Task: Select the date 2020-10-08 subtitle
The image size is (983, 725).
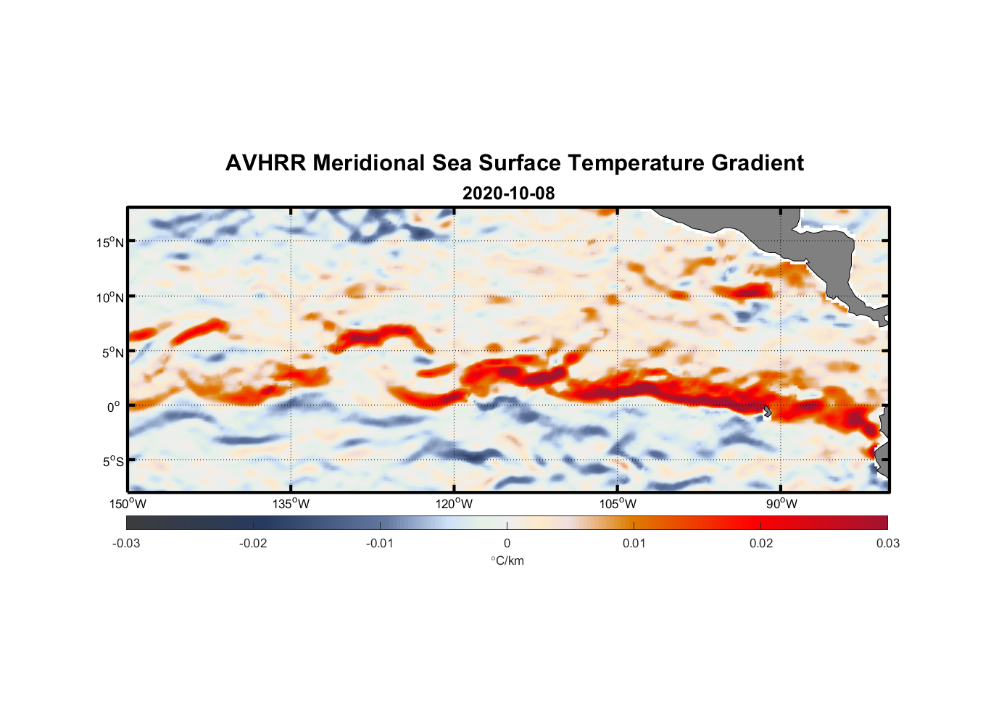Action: point(508,194)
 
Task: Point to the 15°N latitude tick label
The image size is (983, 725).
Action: point(109,242)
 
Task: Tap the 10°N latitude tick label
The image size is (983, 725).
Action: point(109,297)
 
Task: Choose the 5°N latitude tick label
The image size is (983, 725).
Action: point(112,352)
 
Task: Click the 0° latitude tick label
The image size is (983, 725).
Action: point(114,407)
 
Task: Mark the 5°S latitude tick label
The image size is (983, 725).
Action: point(112,462)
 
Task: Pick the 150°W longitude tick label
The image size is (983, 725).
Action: point(128,504)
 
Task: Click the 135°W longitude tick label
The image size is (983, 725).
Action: point(291,504)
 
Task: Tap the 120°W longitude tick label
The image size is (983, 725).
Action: point(454,504)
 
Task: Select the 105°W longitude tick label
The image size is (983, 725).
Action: point(618,504)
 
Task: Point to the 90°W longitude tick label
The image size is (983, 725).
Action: point(781,504)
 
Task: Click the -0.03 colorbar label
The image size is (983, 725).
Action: point(126,543)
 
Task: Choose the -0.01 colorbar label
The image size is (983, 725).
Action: point(380,543)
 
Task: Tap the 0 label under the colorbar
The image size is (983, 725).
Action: point(507,543)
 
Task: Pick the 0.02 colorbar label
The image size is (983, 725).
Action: point(761,543)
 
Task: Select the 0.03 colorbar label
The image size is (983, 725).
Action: point(887,543)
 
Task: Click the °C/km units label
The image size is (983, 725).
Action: point(507,560)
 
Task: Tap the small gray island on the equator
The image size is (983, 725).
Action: point(768,411)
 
